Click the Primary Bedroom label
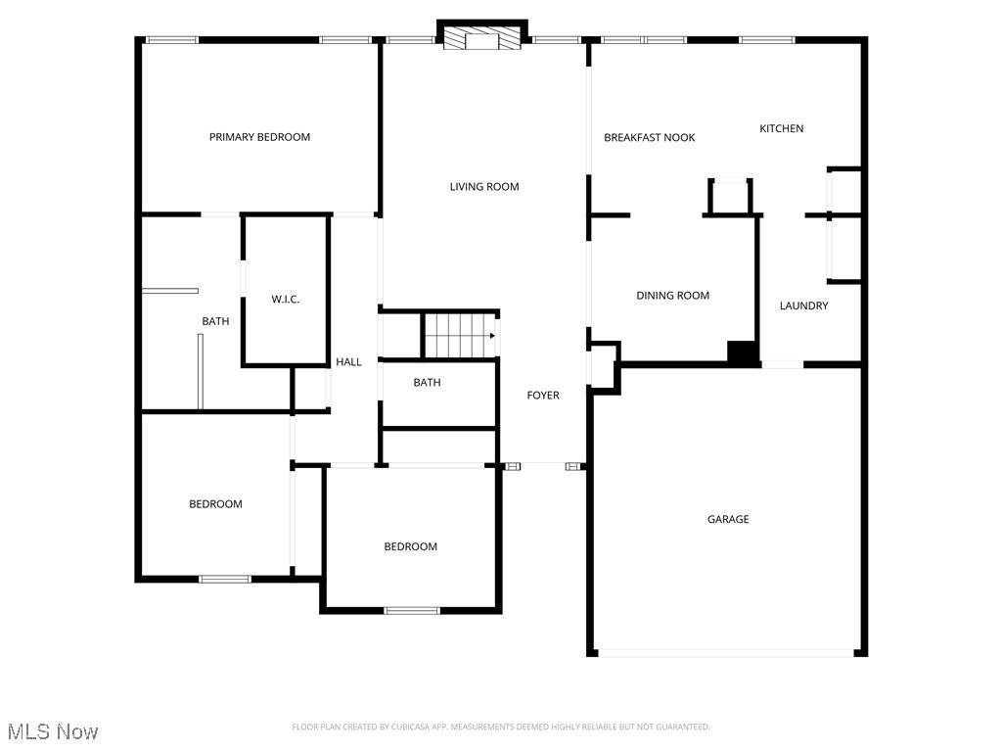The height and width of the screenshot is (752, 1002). click(x=259, y=137)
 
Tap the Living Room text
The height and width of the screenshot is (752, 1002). click(x=484, y=187)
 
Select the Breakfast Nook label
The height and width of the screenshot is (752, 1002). click(x=650, y=138)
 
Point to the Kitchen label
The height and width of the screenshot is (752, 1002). click(x=782, y=128)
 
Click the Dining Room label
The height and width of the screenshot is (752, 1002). click(x=672, y=296)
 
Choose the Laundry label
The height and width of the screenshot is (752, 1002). click(x=803, y=305)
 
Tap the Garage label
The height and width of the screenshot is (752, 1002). click(x=728, y=519)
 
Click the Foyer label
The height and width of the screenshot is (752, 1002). click(x=543, y=396)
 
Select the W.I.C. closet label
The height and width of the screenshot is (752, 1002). click(x=285, y=300)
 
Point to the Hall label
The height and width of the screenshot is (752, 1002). click(x=348, y=362)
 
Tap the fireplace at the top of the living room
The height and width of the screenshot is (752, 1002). click(x=481, y=38)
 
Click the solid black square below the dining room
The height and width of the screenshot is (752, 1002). click(x=743, y=352)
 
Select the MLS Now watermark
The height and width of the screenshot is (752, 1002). click(x=52, y=731)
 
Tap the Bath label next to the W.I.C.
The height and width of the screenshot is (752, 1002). click(x=215, y=321)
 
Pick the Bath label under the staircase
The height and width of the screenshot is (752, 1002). click(x=427, y=383)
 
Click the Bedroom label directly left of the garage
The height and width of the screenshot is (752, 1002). click(x=410, y=546)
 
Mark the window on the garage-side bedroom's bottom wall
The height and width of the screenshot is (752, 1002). click(x=411, y=610)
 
